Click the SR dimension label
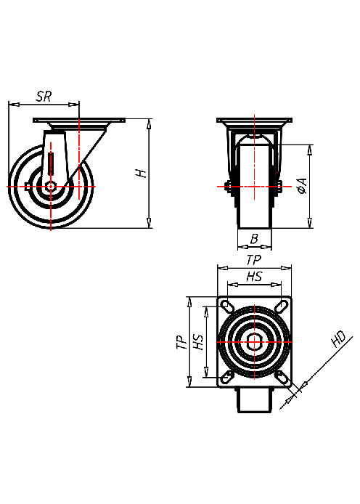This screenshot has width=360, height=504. coord(44,95)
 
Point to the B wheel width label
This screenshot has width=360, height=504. coord(254,238)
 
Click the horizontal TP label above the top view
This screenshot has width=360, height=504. coord(253,259)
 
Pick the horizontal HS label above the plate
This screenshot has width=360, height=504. coord(254,277)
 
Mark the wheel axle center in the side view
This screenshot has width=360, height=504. coord(51,187)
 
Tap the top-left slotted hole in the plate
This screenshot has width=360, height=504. coord(226,306)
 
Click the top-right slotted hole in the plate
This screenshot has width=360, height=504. coord(281,306)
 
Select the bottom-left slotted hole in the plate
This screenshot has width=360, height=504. coord(226,377)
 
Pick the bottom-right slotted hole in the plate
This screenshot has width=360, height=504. coord(281,377)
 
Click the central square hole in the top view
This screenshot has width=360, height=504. coord(253,341)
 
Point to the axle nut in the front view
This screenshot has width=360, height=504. coord(227,187)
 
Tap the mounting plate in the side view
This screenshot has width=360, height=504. coord(79,120)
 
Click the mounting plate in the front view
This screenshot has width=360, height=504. coord(254,120)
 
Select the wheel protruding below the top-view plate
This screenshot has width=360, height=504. coord(253,399)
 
